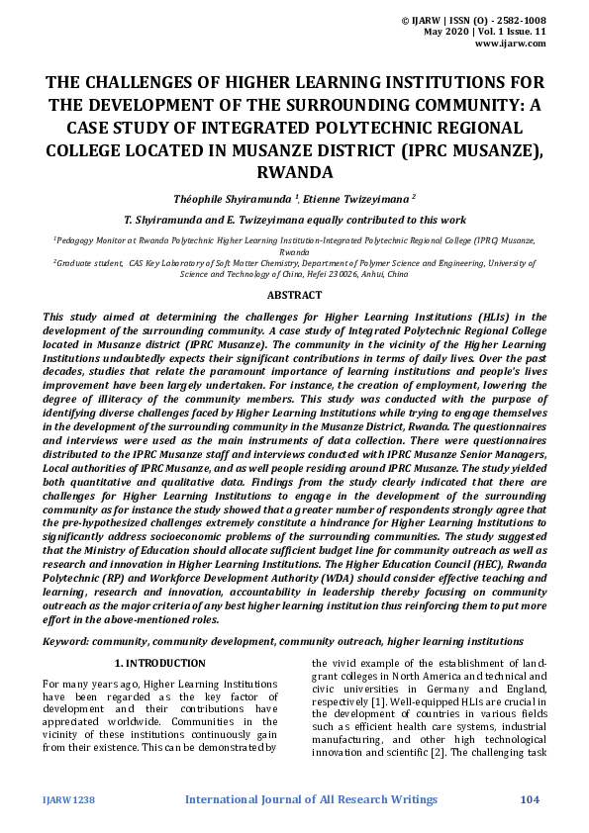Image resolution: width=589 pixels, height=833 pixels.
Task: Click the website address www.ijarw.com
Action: pyautogui.click(x=511, y=44)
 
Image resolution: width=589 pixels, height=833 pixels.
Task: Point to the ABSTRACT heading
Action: pyautogui.click(x=294, y=295)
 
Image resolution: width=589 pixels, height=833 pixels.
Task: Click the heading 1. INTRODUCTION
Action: pyautogui.click(x=159, y=663)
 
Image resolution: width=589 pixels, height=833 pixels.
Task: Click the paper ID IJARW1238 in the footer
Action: pyautogui.click(x=67, y=799)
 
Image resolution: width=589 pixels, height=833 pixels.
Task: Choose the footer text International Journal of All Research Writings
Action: pyautogui.click(x=311, y=799)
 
